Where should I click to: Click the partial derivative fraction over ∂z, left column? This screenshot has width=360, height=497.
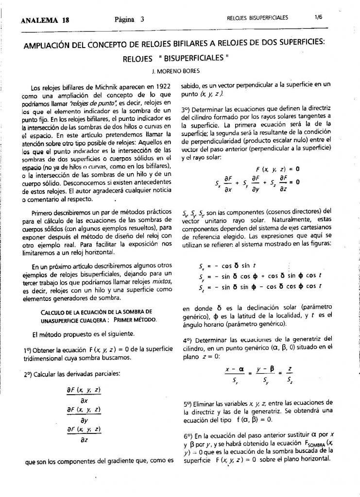(x=84, y=435)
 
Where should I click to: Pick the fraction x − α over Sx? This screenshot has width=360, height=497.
(x=234, y=374)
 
